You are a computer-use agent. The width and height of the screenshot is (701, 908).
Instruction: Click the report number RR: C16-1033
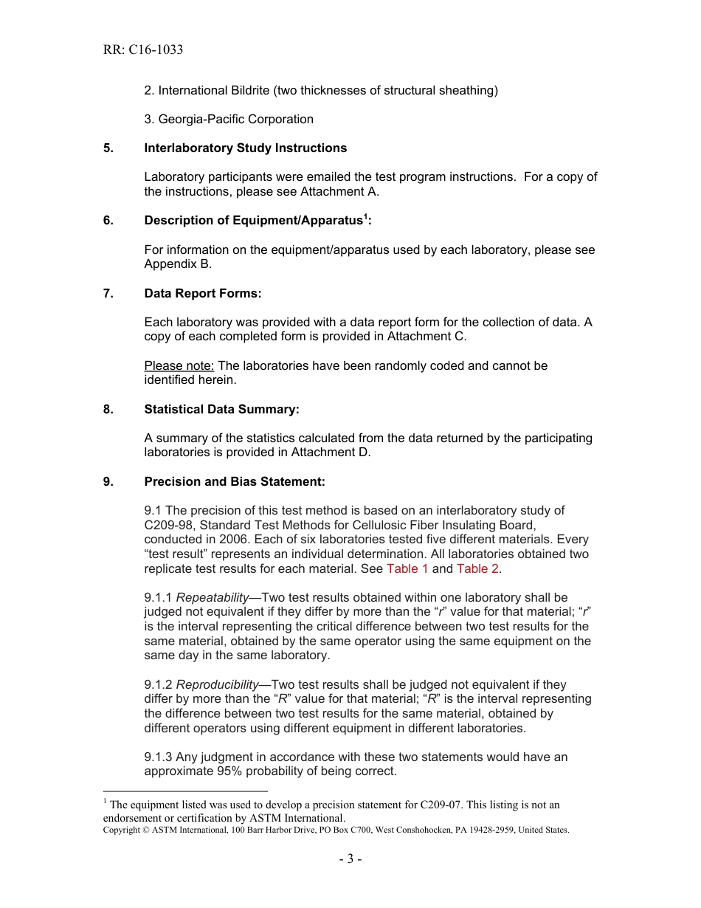pos(143,50)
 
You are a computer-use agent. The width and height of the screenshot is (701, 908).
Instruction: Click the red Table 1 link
pos(407,568)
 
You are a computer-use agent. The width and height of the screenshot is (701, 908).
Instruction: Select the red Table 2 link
pos(477,568)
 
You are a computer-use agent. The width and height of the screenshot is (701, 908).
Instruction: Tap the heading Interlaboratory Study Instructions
pos(245,148)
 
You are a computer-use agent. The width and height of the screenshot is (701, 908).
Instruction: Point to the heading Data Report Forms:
pos(203,293)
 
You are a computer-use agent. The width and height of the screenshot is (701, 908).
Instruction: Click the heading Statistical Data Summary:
pos(221,409)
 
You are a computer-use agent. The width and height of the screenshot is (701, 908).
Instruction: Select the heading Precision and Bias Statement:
pos(235,481)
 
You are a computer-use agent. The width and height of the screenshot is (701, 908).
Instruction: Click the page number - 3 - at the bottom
pos(350,859)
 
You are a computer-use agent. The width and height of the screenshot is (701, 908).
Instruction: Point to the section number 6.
pos(108,221)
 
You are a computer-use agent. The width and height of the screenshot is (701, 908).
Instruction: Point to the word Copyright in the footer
pos(122,830)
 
